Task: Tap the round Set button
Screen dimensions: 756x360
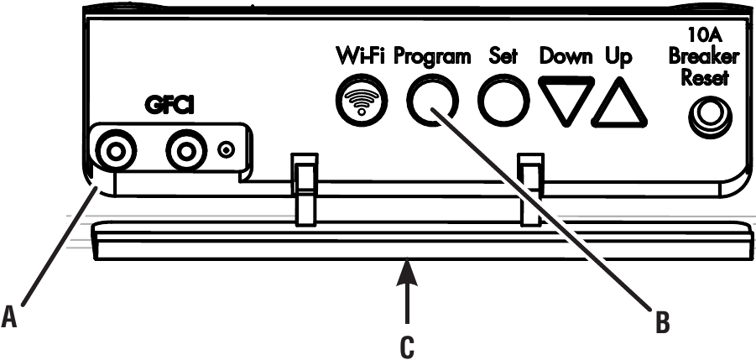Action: coord(503,101)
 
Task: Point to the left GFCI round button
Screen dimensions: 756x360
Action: coord(116,152)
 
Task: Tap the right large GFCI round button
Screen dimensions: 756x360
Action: coord(185,152)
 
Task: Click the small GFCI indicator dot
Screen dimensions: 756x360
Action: coord(226,150)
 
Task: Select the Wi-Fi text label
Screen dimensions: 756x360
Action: coord(362,57)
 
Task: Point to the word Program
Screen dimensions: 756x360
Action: coord(432,58)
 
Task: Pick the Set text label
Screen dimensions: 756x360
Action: coord(503,57)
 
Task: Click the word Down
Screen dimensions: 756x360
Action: coord(566,57)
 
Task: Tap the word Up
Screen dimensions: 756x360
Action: coord(618,58)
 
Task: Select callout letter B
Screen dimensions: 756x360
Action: coord(663,322)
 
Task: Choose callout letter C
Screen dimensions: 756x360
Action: coord(408,347)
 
